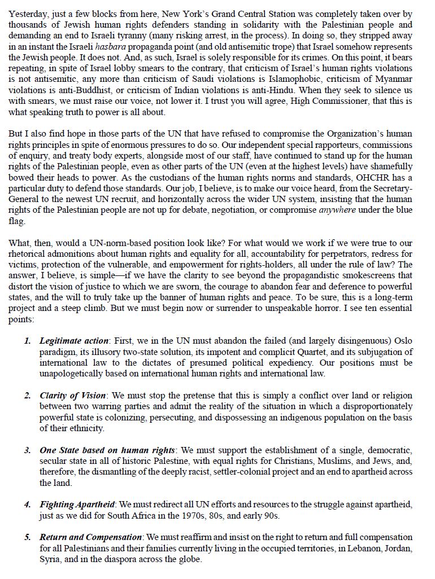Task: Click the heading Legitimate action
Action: pyautogui.click(x=74, y=341)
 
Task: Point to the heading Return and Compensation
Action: pyautogui.click(x=91, y=537)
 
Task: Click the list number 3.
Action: pyautogui.click(x=28, y=450)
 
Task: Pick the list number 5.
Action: pyautogui.click(x=28, y=537)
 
